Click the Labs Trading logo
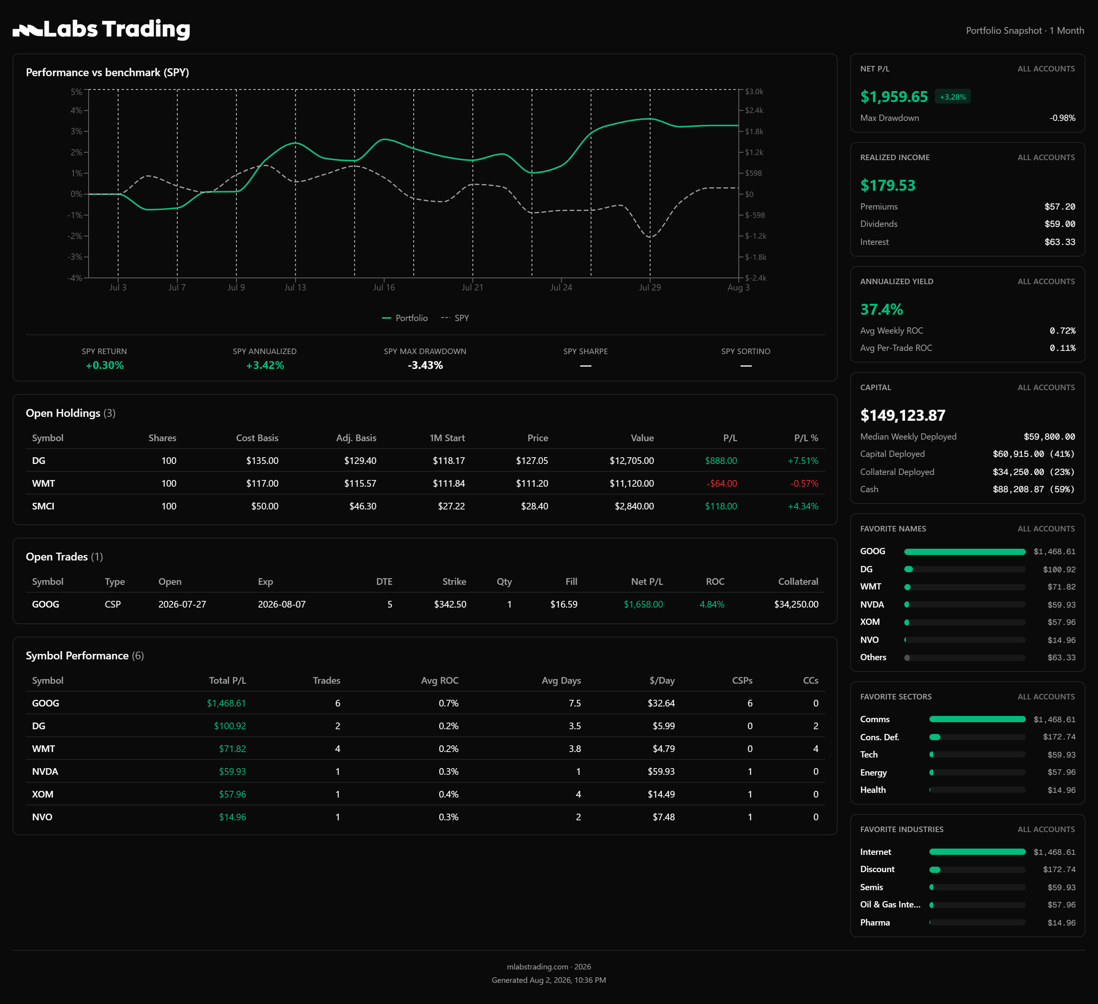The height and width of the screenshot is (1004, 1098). (x=101, y=29)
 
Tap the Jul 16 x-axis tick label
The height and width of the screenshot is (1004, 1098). (x=384, y=287)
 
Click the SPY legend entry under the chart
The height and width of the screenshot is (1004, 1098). (x=455, y=318)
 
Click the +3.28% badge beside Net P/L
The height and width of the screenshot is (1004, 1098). (x=953, y=97)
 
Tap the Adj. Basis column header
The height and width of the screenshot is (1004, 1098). (x=356, y=438)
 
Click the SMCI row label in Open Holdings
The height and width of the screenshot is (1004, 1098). (x=43, y=506)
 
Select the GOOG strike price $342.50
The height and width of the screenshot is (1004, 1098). (x=450, y=604)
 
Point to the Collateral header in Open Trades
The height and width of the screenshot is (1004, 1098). (x=798, y=582)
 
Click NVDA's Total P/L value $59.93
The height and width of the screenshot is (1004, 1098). (x=233, y=771)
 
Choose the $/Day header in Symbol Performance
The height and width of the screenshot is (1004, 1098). (x=662, y=680)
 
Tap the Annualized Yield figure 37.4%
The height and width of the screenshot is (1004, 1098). (x=881, y=310)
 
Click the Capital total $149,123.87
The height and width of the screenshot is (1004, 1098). (x=902, y=415)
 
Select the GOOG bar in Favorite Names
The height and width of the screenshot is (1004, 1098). (x=965, y=551)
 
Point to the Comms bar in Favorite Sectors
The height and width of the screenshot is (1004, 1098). (x=977, y=719)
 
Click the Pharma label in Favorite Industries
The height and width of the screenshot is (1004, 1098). (x=875, y=922)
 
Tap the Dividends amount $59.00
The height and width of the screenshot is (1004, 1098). (x=1060, y=224)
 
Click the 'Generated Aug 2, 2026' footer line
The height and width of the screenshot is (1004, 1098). (x=549, y=980)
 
